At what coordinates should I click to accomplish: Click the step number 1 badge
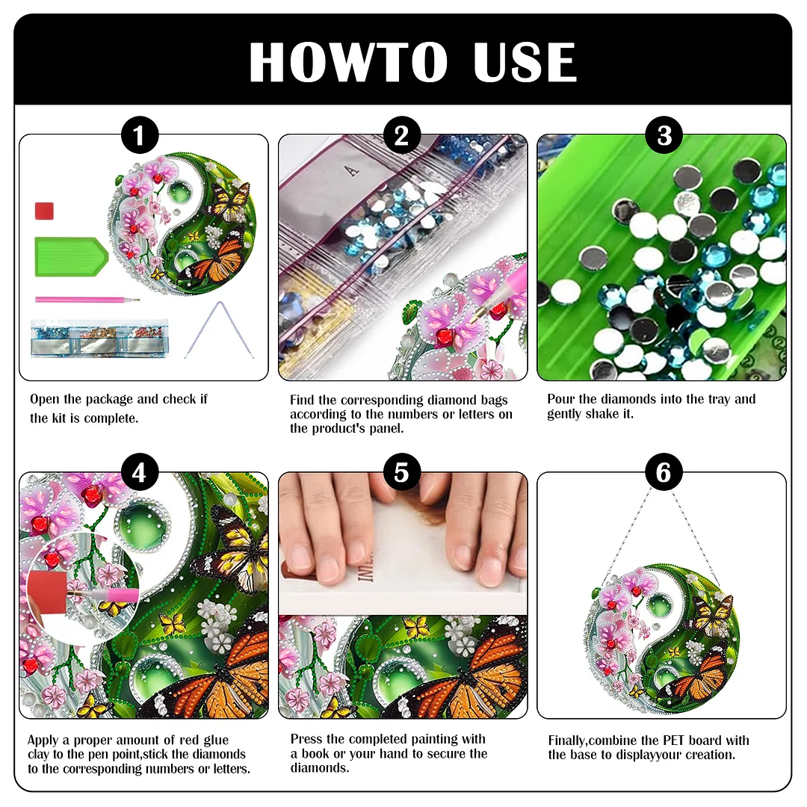point(139,137)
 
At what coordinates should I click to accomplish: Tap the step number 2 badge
point(402,137)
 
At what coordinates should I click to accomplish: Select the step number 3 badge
point(664,137)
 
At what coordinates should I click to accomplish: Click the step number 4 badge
point(139,473)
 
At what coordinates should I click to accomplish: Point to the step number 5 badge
point(402,473)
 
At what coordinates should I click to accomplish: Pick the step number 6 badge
point(664,473)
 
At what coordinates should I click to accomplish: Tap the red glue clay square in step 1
point(44,211)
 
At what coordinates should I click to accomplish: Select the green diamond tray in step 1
point(70,257)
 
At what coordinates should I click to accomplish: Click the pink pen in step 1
point(86,300)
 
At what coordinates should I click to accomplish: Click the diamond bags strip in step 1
point(99,338)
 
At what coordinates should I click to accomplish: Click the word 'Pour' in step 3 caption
point(562,399)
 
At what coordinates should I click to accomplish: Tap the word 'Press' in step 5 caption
point(308,739)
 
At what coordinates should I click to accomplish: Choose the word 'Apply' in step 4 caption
point(43,740)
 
